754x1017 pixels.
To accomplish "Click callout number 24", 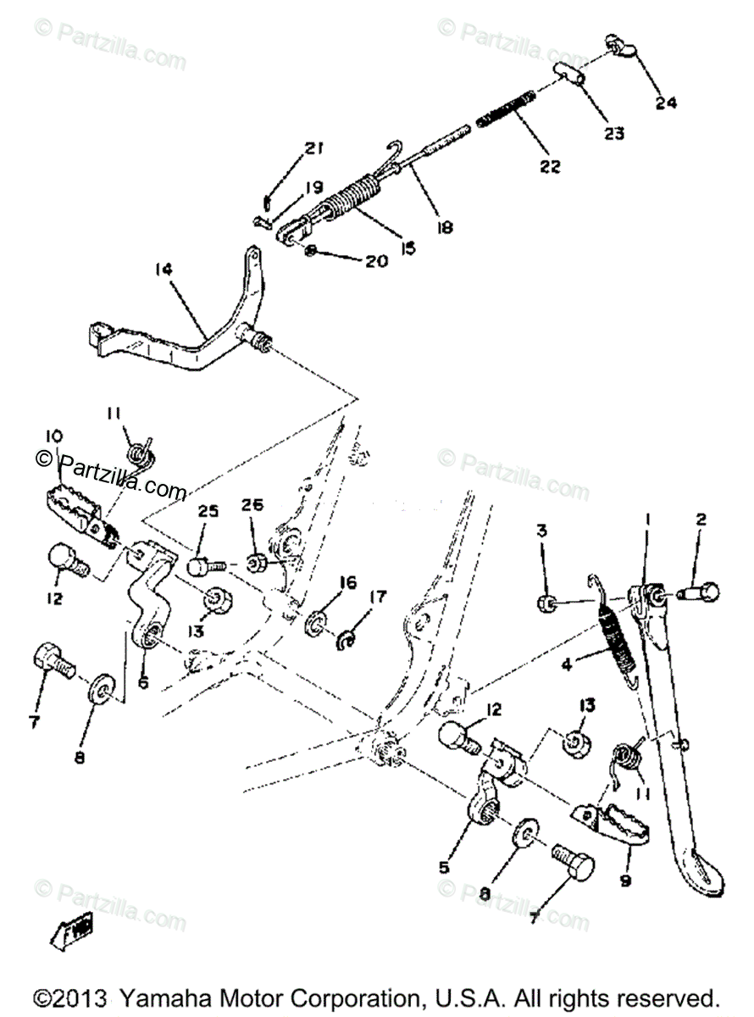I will (x=666, y=103).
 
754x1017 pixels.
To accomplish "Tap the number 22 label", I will (x=549, y=167).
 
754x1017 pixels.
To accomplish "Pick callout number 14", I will (x=164, y=270).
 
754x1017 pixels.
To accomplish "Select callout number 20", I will (x=376, y=261).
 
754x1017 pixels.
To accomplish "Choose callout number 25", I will (x=208, y=511).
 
